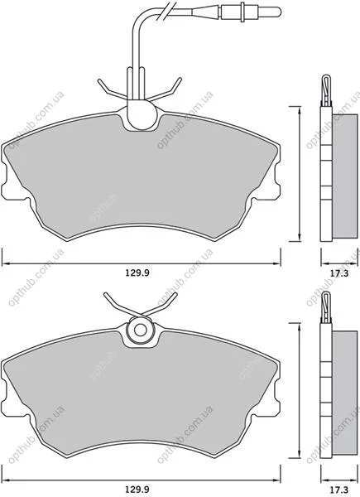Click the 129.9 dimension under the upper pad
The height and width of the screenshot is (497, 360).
coord(137,273)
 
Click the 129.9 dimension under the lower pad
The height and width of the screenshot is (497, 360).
coord(137,489)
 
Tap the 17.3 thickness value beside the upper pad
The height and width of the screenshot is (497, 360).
coord(339,273)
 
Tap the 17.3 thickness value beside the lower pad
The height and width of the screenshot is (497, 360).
coord(339,489)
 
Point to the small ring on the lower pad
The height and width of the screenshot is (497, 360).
coord(140,330)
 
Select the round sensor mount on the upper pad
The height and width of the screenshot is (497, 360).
coord(142,113)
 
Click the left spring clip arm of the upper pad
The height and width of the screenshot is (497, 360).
coord(113,89)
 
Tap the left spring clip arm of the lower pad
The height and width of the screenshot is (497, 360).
coord(122,304)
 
